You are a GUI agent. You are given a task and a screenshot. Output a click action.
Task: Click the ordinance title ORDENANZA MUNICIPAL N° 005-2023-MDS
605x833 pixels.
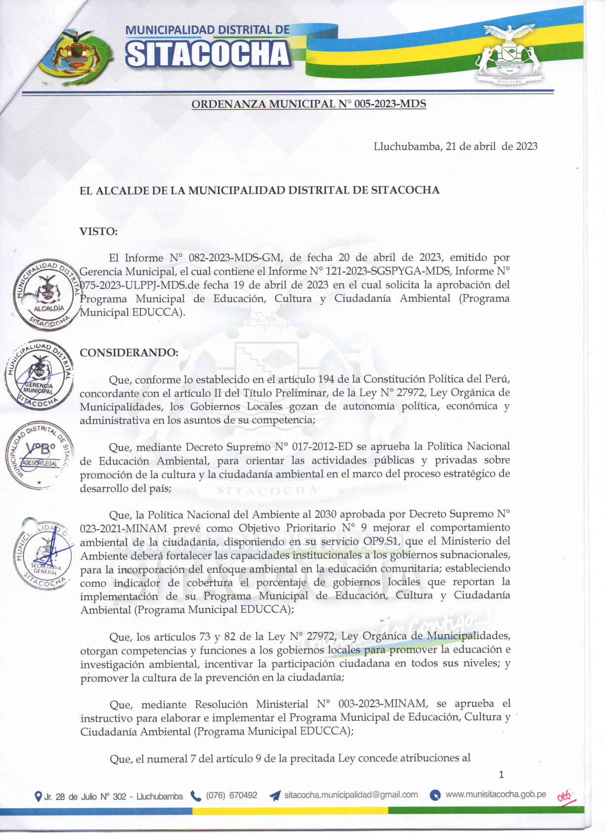click(308, 104)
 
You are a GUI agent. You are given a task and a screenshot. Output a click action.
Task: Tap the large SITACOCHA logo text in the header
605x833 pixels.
click(208, 53)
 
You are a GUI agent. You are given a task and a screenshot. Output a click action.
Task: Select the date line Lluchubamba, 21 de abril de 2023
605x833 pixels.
click(455, 146)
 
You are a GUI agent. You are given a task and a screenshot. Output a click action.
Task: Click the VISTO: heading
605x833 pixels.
click(98, 231)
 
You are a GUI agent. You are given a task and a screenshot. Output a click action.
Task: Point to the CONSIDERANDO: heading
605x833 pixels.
click(129, 353)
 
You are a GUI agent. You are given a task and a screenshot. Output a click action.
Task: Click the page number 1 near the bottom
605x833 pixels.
click(501, 774)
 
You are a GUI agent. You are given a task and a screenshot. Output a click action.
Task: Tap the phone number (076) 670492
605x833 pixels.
click(231, 795)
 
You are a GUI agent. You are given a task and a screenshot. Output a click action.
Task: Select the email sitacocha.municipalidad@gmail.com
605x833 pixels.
click(351, 795)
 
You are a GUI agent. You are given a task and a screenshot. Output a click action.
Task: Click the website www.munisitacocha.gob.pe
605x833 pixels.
click(495, 794)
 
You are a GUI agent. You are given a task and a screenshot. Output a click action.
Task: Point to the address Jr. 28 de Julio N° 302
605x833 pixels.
click(113, 796)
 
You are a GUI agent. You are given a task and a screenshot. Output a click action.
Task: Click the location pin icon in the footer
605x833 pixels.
click(38, 796)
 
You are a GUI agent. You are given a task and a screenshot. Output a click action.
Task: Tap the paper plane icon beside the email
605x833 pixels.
click(275, 795)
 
